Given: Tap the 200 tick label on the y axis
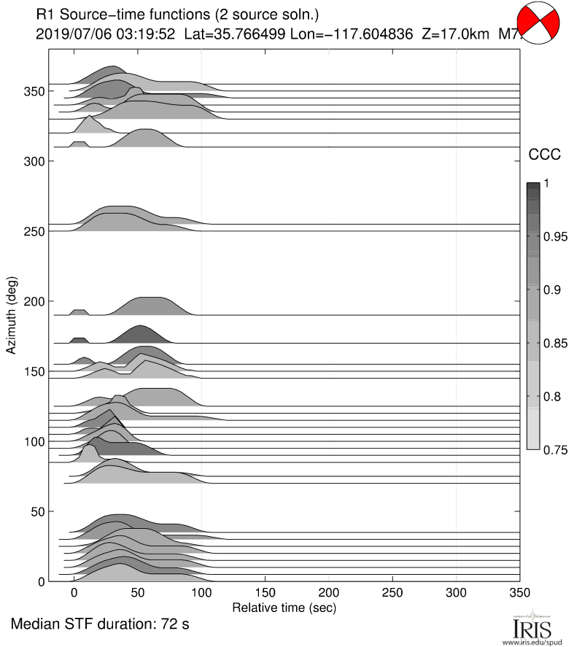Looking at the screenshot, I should [31, 301].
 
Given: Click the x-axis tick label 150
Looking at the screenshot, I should [265, 592].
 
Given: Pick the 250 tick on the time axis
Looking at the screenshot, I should [393, 592].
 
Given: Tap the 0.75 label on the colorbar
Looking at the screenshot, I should [559, 449].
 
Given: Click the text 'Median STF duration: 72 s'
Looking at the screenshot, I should [100, 625].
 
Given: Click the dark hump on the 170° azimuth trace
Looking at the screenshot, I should [139, 335].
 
